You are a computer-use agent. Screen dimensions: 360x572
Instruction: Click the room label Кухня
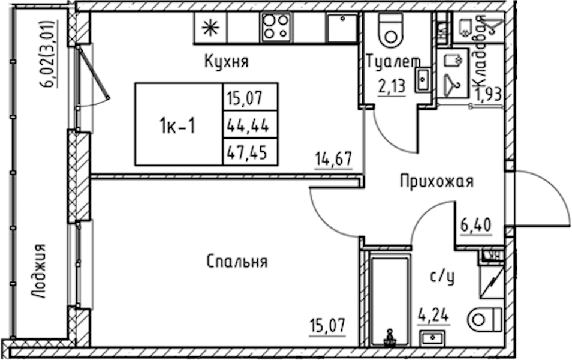coord(226,61)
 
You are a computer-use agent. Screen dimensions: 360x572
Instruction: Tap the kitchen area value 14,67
coord(333,160)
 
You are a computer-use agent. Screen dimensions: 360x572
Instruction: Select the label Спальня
coord(237,262)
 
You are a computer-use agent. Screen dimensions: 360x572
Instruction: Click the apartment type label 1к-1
coord(177,125)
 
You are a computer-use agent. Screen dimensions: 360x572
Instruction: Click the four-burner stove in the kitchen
coord(276,27)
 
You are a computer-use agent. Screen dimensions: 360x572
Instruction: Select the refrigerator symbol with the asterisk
coord(210,27)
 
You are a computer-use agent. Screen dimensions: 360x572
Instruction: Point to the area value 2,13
coord(391,87)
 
